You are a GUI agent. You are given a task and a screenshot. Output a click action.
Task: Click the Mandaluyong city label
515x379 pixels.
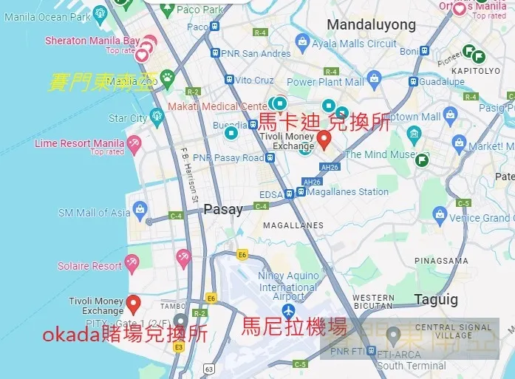pos(372,25)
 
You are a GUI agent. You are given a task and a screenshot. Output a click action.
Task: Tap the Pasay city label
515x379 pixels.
pos(223,209)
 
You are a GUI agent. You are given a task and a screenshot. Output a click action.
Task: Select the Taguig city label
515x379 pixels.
pos(436,299)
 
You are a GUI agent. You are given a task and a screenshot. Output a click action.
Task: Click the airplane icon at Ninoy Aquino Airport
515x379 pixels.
pos(288,309)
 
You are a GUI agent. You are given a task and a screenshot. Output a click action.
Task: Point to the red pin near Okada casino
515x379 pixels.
pos(133,302)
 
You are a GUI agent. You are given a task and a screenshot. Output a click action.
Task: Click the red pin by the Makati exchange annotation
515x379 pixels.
pos(324,138)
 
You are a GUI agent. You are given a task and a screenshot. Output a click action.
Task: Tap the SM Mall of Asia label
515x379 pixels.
pos(94,213)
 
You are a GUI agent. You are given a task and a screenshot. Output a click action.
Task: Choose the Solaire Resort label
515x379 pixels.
pos(89,265)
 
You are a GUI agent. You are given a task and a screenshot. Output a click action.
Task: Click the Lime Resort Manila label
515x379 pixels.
pos(79,143)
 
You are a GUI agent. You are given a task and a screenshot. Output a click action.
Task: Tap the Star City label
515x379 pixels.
pos(128,118)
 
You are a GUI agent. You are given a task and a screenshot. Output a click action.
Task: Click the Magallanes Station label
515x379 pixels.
pos(347,192)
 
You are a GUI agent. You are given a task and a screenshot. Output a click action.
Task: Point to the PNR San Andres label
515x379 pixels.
pos(256,53)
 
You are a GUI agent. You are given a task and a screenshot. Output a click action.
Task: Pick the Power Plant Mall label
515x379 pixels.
pos(326,82)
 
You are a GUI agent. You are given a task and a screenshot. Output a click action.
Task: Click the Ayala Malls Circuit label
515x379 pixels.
pos(354,44)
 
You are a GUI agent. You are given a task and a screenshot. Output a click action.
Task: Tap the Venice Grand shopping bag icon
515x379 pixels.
pos(440,216)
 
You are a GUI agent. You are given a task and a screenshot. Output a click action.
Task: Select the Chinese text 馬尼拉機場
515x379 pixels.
pos(294,326)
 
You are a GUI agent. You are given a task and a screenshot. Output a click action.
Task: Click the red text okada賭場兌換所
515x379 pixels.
pos(125,334)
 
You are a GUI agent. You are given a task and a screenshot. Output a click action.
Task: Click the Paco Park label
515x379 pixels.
pos(199,10)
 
